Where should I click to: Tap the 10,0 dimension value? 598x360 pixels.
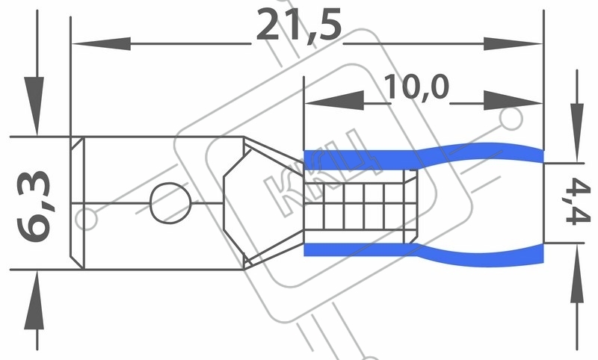416,87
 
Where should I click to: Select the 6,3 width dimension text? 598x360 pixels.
34,206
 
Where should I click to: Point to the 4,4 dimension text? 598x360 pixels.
577,202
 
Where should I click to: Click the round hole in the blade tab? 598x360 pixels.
170,203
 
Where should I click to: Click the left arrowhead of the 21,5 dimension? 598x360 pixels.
102,44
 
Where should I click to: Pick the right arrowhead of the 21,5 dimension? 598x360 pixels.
513,44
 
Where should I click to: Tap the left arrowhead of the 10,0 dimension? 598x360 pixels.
334,101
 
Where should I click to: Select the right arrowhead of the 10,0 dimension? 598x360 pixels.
513,101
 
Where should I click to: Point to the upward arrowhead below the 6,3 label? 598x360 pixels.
34,300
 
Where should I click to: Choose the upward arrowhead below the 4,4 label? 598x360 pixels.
576,273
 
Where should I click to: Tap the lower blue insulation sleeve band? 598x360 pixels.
423,252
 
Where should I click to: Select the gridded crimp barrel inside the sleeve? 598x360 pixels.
360,206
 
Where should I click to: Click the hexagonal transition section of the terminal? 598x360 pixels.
263,203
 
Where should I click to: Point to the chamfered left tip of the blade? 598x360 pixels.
78,203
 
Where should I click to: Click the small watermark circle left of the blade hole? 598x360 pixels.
86,219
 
